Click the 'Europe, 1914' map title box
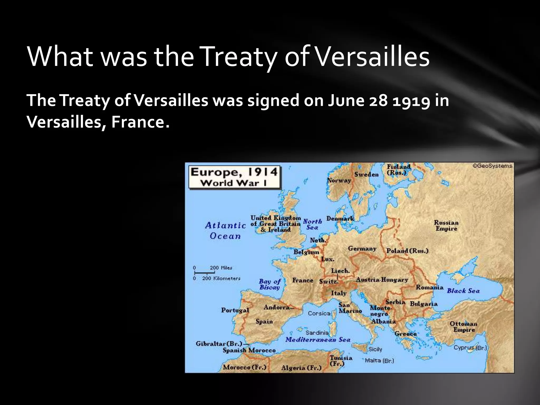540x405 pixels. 234,177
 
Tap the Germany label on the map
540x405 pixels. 362,249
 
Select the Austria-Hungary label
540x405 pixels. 382,280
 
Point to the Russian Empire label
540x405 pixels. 446,226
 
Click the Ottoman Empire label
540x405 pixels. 464,327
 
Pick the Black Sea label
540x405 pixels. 463,291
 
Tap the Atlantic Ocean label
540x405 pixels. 225,230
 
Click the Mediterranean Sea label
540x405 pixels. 318,340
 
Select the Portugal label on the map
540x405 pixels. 235,310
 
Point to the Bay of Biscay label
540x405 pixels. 269,284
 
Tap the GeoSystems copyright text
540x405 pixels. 492,166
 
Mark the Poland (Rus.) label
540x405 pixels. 407,251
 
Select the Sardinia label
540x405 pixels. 317,333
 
